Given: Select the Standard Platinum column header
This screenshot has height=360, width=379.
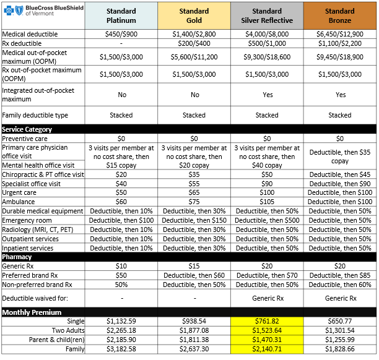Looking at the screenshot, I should point(121,16).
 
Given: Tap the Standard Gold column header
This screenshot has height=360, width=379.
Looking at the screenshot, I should point(194,16).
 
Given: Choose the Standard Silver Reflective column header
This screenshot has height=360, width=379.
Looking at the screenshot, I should point(267,16).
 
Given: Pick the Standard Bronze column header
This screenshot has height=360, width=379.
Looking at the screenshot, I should point(339,16).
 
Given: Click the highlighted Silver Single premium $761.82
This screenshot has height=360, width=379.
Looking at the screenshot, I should point(267,322).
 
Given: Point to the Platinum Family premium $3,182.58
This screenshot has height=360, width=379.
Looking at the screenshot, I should point(121,349).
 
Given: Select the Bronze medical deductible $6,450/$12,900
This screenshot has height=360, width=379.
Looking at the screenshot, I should point(339,35).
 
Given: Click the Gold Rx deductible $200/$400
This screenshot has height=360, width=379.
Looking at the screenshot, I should point(194,44).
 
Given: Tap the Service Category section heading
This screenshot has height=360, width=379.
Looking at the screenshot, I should point(27,129).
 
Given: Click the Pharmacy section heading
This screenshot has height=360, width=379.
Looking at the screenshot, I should point(17,257).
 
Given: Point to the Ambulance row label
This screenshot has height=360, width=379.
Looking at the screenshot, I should point(19,202).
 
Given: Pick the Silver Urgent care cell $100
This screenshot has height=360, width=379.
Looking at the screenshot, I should point(267,193).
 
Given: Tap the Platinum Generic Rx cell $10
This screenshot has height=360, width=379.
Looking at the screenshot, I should point(121,266).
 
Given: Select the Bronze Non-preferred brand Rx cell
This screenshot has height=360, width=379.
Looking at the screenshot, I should point(339,285).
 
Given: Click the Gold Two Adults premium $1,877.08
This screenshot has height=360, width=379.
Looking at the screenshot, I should point(194,331).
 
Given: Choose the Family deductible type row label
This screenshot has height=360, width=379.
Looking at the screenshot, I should point(35,115).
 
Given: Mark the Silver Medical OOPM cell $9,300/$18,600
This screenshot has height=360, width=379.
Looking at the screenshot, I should point(267,57).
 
